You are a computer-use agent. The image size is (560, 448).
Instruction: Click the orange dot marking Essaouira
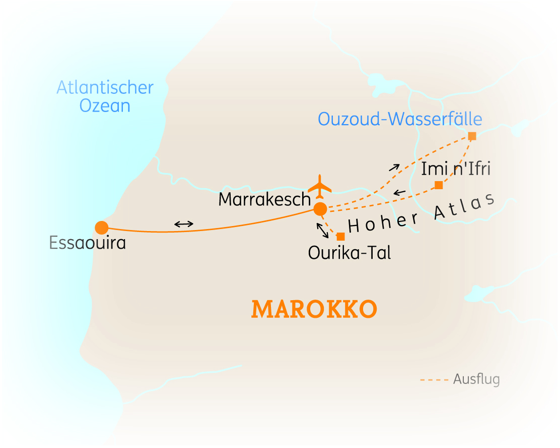[102, 228]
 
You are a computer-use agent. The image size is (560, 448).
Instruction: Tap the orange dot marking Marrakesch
[320, 208]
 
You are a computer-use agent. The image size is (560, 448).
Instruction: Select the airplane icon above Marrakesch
[320, 187]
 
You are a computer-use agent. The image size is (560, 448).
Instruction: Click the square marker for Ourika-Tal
[341, 236]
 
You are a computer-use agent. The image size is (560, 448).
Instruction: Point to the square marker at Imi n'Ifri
[439, 185]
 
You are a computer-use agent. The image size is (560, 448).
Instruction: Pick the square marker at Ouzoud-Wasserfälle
[472, 136]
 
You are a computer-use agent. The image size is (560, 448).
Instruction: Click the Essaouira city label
[88, 243]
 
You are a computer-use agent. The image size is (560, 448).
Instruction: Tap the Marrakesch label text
[265, 200]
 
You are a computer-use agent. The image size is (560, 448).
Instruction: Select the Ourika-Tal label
[349, 252]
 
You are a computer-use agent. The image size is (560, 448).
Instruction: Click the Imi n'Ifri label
[456, 169]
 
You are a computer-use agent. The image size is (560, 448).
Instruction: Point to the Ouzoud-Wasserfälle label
[400, 119]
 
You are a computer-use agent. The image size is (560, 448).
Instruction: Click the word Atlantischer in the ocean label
[105, 87]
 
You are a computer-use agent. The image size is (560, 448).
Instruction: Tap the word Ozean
[105, 106]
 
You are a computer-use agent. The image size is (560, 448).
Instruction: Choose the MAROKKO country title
[314, 309]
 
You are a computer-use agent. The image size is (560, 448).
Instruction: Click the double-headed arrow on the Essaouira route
[183, 224]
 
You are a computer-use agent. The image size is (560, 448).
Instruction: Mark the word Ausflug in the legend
[476, 379]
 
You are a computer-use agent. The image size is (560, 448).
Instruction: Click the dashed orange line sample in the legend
[434, 379]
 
